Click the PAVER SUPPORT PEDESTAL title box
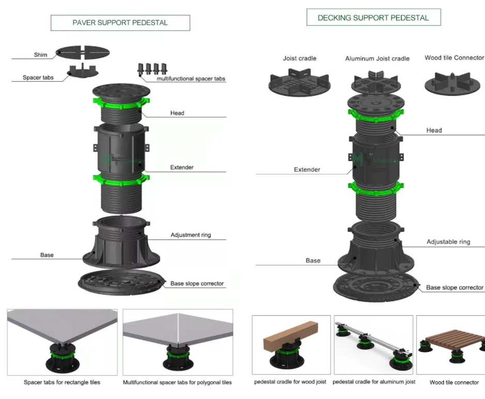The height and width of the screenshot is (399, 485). point(120,23)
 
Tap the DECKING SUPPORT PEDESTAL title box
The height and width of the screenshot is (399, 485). point(373,18)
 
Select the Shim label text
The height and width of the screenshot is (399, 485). point(40,55)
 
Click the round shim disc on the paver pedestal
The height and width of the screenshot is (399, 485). point(83,51)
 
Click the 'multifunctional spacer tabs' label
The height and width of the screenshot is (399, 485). point(191,79)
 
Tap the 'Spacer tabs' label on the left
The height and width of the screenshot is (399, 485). point(39,78)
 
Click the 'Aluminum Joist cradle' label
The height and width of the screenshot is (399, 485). point(377,58)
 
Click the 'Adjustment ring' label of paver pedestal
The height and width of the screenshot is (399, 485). point(191,235)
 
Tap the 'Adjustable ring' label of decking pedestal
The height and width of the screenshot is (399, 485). point(448,242)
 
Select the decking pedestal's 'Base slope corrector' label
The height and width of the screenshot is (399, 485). point(454,287)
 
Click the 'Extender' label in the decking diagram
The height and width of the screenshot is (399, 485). point(307,170)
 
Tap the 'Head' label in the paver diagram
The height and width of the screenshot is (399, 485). point(177,113)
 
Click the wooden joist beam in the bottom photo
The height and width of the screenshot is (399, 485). point(289,334)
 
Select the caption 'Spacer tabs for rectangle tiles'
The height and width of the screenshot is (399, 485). point(62,382)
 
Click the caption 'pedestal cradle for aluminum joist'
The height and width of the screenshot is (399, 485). point(373,382)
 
